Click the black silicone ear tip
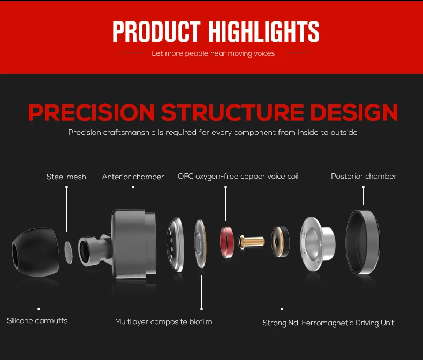point(36,252)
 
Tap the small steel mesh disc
point(69,252)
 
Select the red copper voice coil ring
point(227,242)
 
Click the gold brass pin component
point(251,241)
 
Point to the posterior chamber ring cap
point(363,242)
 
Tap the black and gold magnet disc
point(280,242)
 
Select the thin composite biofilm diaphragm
point(200,243)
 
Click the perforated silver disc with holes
point(175,244)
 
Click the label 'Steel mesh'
point(66,177)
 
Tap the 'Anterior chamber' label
point(133,177)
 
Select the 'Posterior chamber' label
point(364,176)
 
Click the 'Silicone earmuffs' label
point(37,320)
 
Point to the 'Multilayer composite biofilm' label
point(163,321)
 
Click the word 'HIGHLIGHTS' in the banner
point(264,32)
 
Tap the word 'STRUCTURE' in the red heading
point(232,112)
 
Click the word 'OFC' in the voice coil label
point(185,176)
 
